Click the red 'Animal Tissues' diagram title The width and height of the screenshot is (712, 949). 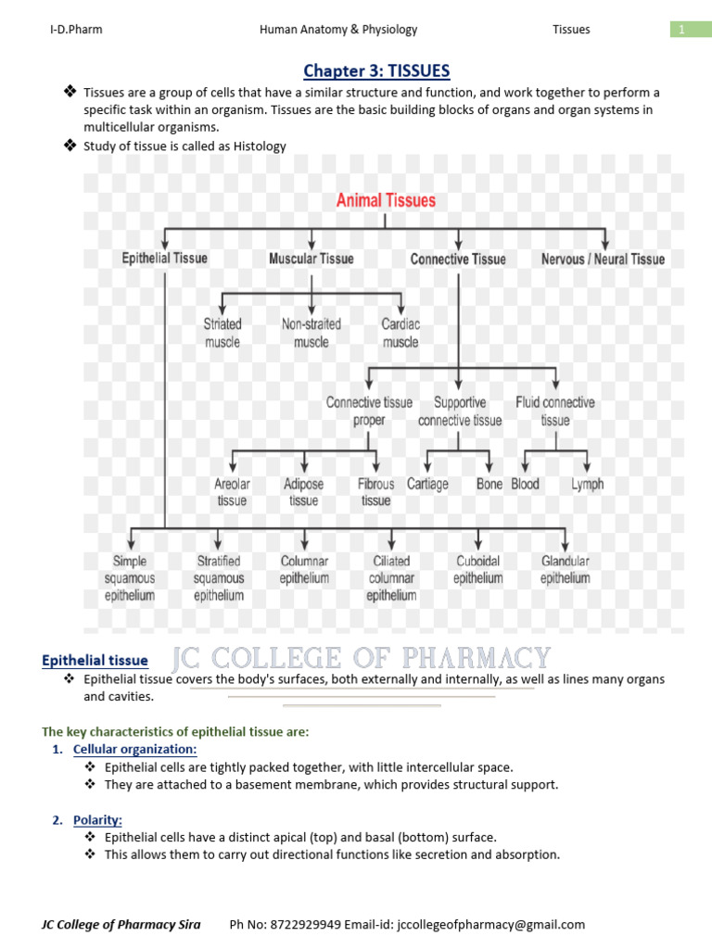click(385, 200)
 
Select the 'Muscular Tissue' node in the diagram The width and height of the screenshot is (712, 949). click(311, 259)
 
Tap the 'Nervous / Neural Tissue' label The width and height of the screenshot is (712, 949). click(603, 259)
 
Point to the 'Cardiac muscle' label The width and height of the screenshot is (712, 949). click(400, 333)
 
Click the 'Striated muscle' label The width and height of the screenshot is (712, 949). click(222, 333)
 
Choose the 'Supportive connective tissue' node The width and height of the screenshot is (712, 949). click(460, 411)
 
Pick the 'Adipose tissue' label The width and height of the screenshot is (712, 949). click(303, 492)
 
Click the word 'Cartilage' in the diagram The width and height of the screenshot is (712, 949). click(427, 484)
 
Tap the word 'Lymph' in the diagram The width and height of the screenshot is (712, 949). click(588, 484)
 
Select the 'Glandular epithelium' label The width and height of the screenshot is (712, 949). click(566, 569)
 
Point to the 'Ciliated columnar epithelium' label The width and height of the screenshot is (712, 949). click(391, 578)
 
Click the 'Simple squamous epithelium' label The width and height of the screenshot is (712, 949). click(130, 578)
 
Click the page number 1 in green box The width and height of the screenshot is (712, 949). click(681, 30)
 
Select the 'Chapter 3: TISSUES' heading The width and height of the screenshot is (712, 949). click(364, 70)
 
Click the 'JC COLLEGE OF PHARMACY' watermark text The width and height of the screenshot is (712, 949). click(362, 659)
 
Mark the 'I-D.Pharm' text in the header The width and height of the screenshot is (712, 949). click(76, 30)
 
